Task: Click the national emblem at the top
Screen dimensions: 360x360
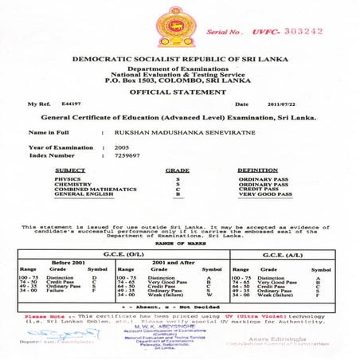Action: pyautogui.click(x=179, y=28)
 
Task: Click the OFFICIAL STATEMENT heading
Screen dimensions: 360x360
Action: pyautogui.click(x=179, y=92)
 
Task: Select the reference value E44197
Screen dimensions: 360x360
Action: pyautogui.click(x=72, y=104)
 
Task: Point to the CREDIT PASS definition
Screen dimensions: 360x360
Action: pyautogui.click(x=259, y=190)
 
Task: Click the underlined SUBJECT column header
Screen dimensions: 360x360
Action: pyautogui.click(x=70, y=170)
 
